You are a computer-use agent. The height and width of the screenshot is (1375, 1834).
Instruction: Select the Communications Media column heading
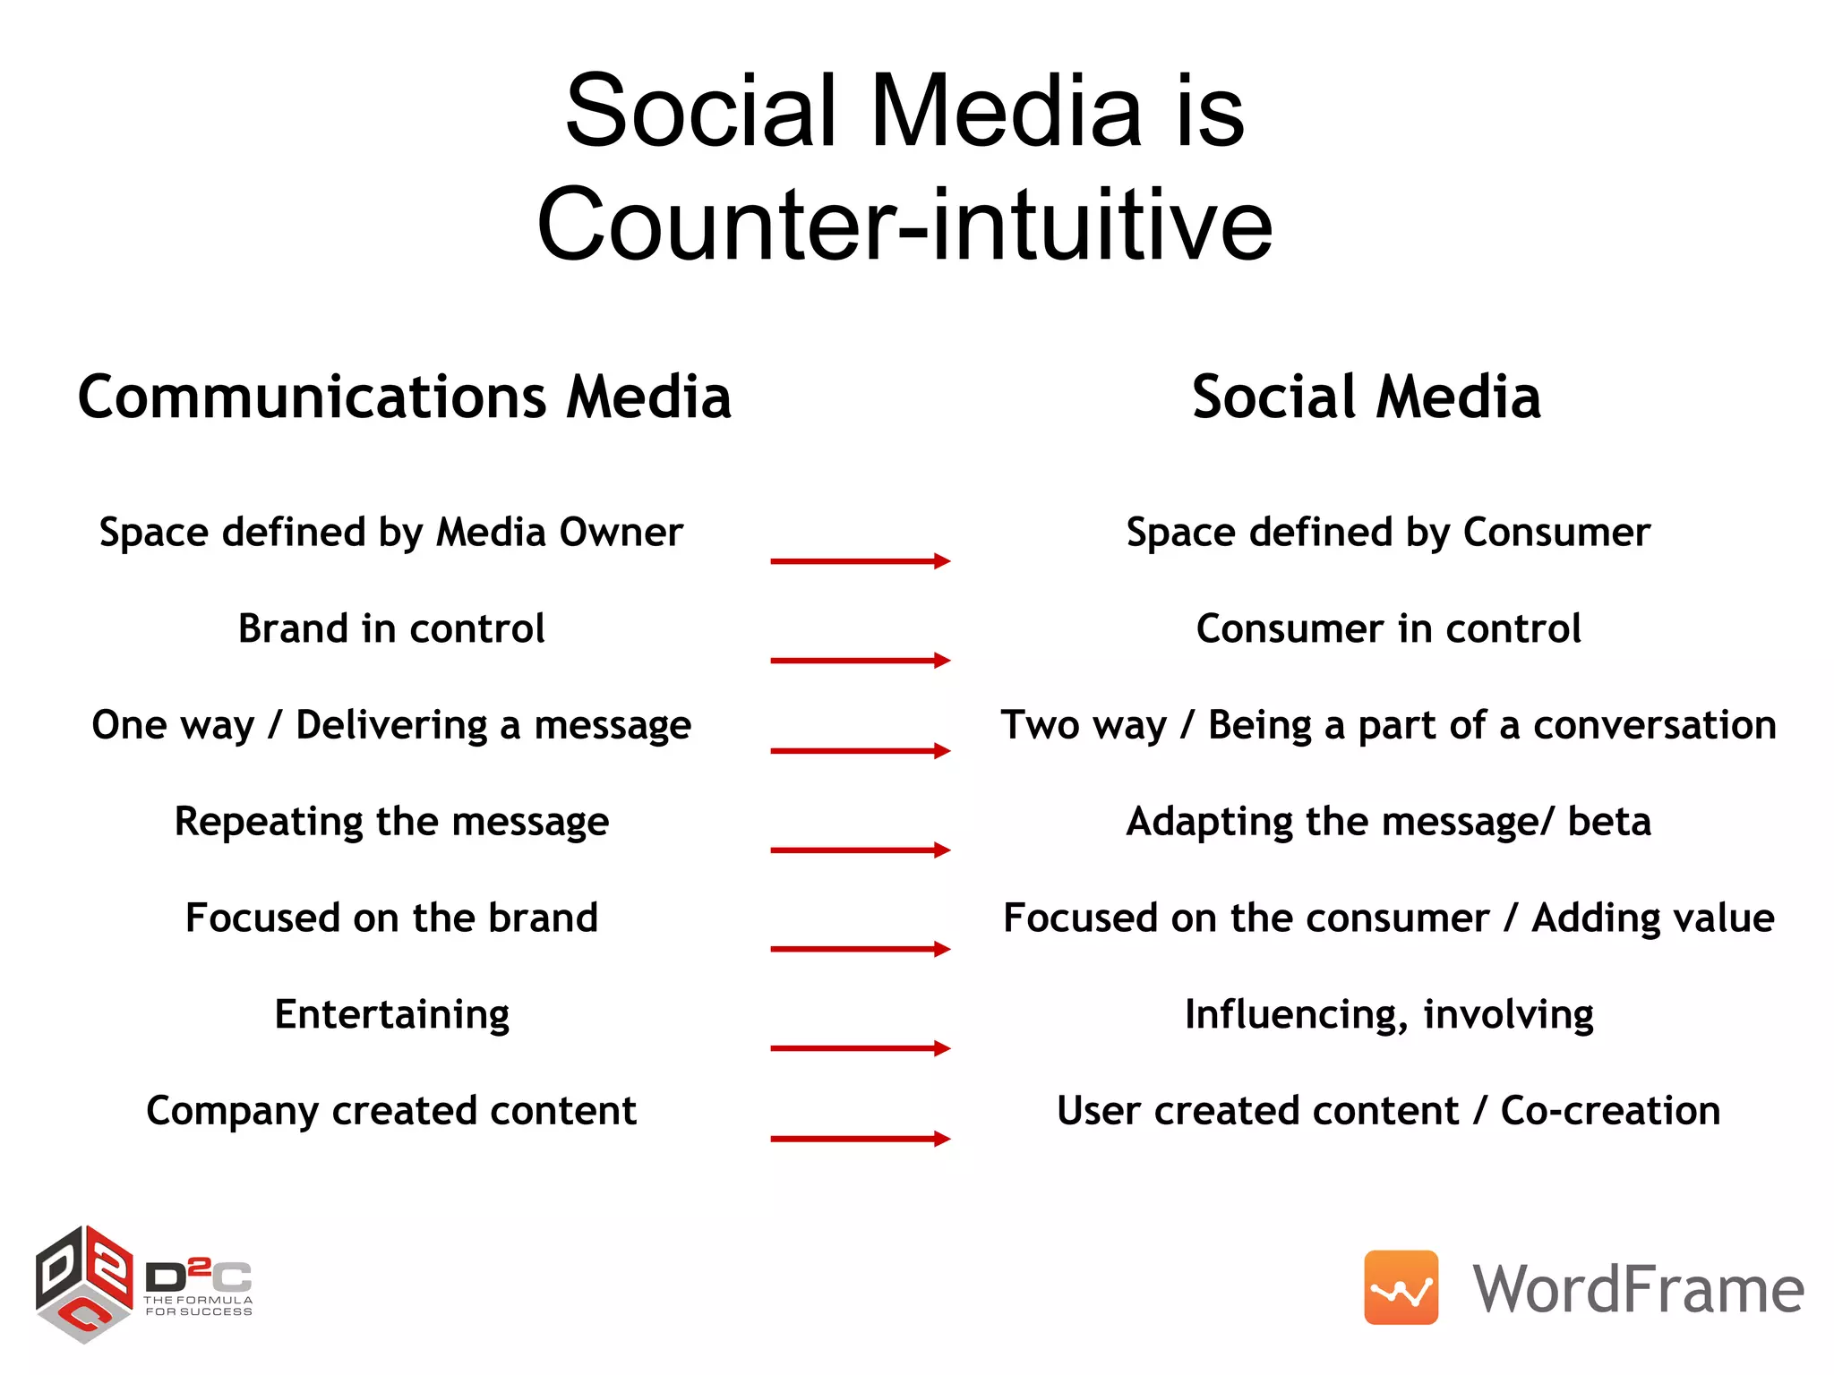pyautogui.click(x=405, y=397)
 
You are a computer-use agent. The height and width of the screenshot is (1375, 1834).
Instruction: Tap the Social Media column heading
pyautogui.click(x=1367, y=397)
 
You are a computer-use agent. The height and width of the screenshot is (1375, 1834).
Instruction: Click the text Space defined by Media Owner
pyautogui.click(x=391, y=533)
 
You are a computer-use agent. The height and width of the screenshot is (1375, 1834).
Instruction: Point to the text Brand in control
pyautogui.click(x=391, y=628)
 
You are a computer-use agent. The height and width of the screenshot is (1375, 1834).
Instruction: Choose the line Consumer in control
pyautogui.click(x=1388, y=628)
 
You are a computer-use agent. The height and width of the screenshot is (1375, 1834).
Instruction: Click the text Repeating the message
pyautogui.click(x=391, y=822)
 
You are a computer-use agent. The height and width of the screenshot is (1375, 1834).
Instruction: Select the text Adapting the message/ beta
pyautogui.click(x=1388, y=822)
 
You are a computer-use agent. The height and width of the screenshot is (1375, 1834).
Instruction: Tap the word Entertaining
pyautogui.click(x=391, y=1015)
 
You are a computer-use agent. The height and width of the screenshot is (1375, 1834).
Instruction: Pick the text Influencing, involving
pyautogui.click(x=1388, y=1015)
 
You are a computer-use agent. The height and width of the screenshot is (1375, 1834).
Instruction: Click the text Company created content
pyautogui.click(x=391, y=1111)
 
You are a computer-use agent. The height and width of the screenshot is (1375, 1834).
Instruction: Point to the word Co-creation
pyautogui.click(x=1610, y=1111)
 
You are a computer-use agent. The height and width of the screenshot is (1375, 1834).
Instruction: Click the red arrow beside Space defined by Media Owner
pyautogui.click(x=860, y=561)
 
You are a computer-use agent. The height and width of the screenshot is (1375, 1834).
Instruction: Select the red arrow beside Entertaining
pyautogui.click(x=860, y=1048)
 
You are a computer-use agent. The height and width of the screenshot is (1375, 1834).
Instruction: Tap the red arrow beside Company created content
pyautogui.click(x=860, y=1139)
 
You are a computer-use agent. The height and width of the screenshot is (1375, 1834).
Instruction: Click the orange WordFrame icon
pyautogui.click(x=1401, y=1287)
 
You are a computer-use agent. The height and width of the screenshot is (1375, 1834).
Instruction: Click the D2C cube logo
pyautogui.click(x=84, y=1284)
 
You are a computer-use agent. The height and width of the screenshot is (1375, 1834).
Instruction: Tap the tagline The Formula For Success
pyautogui.click(x=199, y=1306)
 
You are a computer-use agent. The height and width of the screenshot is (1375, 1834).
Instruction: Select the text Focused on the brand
pyautogui.click(x=391, y=918)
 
